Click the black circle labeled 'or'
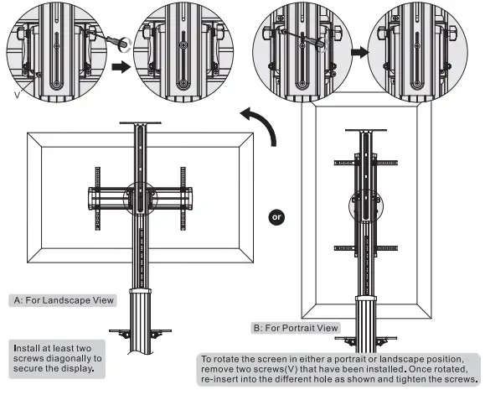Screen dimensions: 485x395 [276, 217]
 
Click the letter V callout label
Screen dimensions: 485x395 [17, 95]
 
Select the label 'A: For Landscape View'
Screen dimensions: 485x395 [64, 300]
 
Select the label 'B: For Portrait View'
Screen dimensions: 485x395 [296, 328]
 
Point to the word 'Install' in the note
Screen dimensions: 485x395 [26, 348]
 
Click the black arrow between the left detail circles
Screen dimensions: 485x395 [121, 67]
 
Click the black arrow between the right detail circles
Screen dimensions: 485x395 [360, 52]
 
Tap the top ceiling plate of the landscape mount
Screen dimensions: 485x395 [141, 123]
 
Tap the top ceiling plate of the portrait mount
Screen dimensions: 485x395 [366, 130]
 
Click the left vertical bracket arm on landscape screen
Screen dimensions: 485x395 [98, 199]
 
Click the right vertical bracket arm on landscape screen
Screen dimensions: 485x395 [183, 199]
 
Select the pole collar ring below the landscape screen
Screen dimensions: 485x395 [141, 292]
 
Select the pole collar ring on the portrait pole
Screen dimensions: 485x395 [366, 299]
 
